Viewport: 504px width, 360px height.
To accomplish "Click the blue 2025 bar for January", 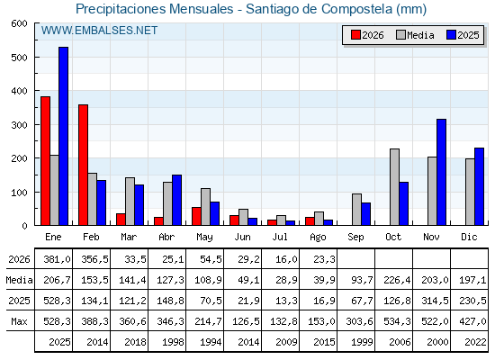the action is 63,136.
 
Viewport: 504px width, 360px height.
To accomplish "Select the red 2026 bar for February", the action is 83,165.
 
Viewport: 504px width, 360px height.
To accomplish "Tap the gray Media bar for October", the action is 395,187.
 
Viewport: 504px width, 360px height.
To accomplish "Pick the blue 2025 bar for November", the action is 441,172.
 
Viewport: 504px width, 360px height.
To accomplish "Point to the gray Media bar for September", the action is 356,210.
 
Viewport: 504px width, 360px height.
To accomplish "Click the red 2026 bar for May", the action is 196,216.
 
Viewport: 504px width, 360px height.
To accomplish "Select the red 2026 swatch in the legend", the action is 355,35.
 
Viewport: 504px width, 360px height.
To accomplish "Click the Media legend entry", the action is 415,35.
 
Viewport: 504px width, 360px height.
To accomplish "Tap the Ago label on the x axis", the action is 318,238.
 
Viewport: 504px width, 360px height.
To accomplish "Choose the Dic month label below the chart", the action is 469,237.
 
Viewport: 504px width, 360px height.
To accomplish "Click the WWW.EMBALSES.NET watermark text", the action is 99,31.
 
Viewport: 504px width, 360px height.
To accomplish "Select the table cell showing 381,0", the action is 57,259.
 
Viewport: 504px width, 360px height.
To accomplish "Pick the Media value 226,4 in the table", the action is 397,280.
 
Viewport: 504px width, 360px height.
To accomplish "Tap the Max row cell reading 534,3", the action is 397,321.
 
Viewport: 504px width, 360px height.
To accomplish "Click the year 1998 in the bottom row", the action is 173,342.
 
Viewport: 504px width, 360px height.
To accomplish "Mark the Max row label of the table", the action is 19,321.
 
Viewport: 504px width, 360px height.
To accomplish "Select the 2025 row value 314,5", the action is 435,301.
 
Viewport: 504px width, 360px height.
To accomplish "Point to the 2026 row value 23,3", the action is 323,259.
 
